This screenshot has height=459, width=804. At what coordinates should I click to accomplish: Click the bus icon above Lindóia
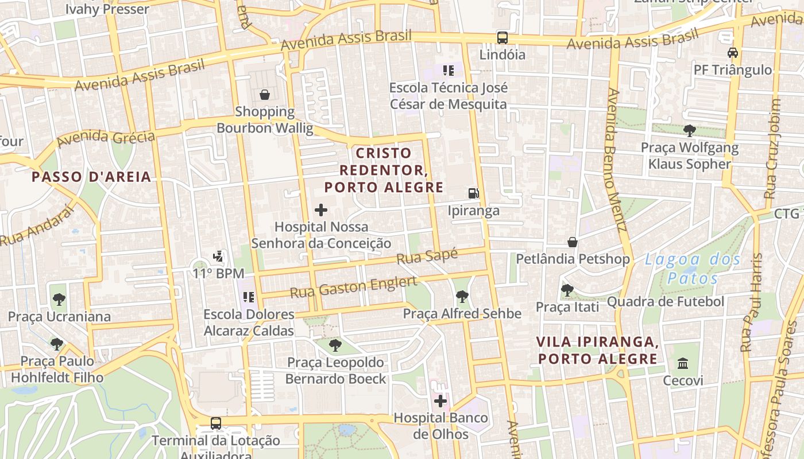click(x=502, y=38)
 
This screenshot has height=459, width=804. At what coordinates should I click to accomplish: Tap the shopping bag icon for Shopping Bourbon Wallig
click(x=265, y=95)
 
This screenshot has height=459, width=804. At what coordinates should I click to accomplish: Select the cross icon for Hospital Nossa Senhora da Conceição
click(x=321, y=210)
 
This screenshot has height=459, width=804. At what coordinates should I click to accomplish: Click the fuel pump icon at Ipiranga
click(x=473, y=193)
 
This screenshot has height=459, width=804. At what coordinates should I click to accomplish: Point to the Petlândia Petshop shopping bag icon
click(x=573, y=242)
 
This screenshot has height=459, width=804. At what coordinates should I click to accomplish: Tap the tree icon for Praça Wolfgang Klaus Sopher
click(x=689, y=131)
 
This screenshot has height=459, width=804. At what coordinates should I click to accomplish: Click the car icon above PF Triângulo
click(x=732, y=53)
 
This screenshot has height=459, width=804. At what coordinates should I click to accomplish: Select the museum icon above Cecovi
click(x=683, y=363)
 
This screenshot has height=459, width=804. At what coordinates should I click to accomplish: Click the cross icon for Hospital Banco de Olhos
click(x=440, y=400)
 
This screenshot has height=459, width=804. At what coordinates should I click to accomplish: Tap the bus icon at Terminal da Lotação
click(x=216, y=423)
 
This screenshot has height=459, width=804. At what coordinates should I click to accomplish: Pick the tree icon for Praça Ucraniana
click(x=59, y=299)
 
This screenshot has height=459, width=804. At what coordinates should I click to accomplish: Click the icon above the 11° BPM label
click(x=218, y=256)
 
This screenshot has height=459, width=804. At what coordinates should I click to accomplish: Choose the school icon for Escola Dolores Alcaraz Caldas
click(x=249, y=297)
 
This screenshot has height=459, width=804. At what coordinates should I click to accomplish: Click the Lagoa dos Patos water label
click(x=693, y=269)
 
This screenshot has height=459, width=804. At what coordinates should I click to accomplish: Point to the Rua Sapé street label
click(x=427, y=256)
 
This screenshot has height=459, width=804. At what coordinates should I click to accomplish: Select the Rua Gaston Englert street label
click(x=353, y=286)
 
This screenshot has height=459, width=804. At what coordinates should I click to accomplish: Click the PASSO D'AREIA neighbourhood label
click(x=91, y=177)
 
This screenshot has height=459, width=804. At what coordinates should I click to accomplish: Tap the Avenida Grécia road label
click(x=106, y=137)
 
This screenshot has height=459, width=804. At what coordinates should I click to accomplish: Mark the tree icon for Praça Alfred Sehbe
click(x=462, y=297)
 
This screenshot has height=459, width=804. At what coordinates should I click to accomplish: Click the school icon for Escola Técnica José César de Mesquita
click(x=449, y=71)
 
